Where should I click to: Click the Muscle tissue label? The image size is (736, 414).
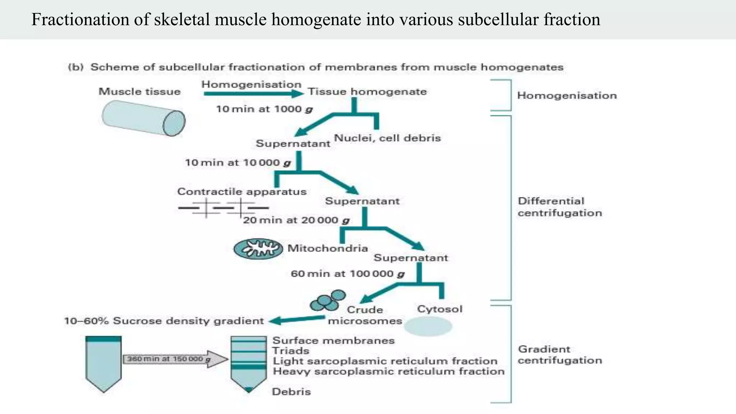click(139, 92)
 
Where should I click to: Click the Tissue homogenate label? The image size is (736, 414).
click(367, 92)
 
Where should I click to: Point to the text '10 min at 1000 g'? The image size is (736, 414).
click(264, 109)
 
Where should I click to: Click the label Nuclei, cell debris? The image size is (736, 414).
click(387, 138)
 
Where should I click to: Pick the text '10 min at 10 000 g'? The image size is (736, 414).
click(238, 163)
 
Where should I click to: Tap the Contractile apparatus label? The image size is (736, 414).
click(242, 192)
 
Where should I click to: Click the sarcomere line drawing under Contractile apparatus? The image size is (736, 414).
click(223, 208)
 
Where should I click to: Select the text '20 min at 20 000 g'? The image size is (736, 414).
click(296, 220)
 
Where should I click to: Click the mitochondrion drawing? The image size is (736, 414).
click(258, 249)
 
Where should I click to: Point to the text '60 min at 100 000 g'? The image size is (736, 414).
click(348, 274)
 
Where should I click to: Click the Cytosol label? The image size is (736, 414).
click(440, 309)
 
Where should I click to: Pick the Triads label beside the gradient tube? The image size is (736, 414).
click(290, 351)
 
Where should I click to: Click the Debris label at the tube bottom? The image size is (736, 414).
click(291, 392)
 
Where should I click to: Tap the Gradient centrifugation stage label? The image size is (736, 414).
click(560, 355)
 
